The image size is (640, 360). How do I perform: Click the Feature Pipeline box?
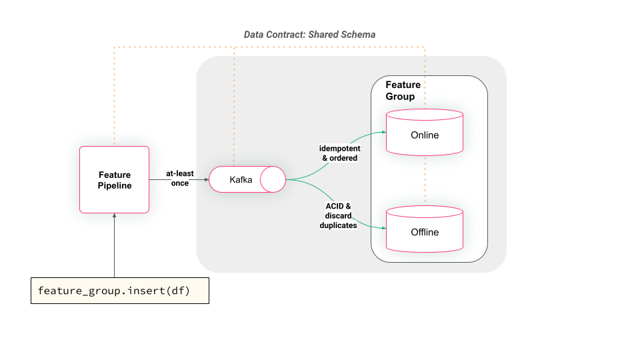pyautogui.click(x=114, y=179)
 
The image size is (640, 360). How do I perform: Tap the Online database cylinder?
pyautogui.click(x=425, y=135)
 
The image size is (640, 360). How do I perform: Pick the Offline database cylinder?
pyautogui.click(x=425, y=231)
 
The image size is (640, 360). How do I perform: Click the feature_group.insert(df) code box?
pyautogui.click(x=120, y=291)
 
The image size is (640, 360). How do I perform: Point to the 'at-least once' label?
pyautogui.click(x=180, y=178)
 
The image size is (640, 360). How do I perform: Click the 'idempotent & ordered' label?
pyautogui.click(x=339, y=153)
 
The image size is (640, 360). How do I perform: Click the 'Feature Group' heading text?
pyautogui.click(x=403, y=91)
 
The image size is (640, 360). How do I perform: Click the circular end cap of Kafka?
pyautogui.click(x=273, y=179)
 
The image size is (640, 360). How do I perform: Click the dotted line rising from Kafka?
pyautogui.click(x=234, y=107)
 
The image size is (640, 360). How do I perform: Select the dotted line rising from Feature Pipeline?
pyautogui.click(x=114, y=100)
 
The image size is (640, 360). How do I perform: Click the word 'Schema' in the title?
pyautogui.click(x=357, y=34)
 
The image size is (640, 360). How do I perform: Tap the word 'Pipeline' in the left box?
pyautogui.click(x=114, y=185)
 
